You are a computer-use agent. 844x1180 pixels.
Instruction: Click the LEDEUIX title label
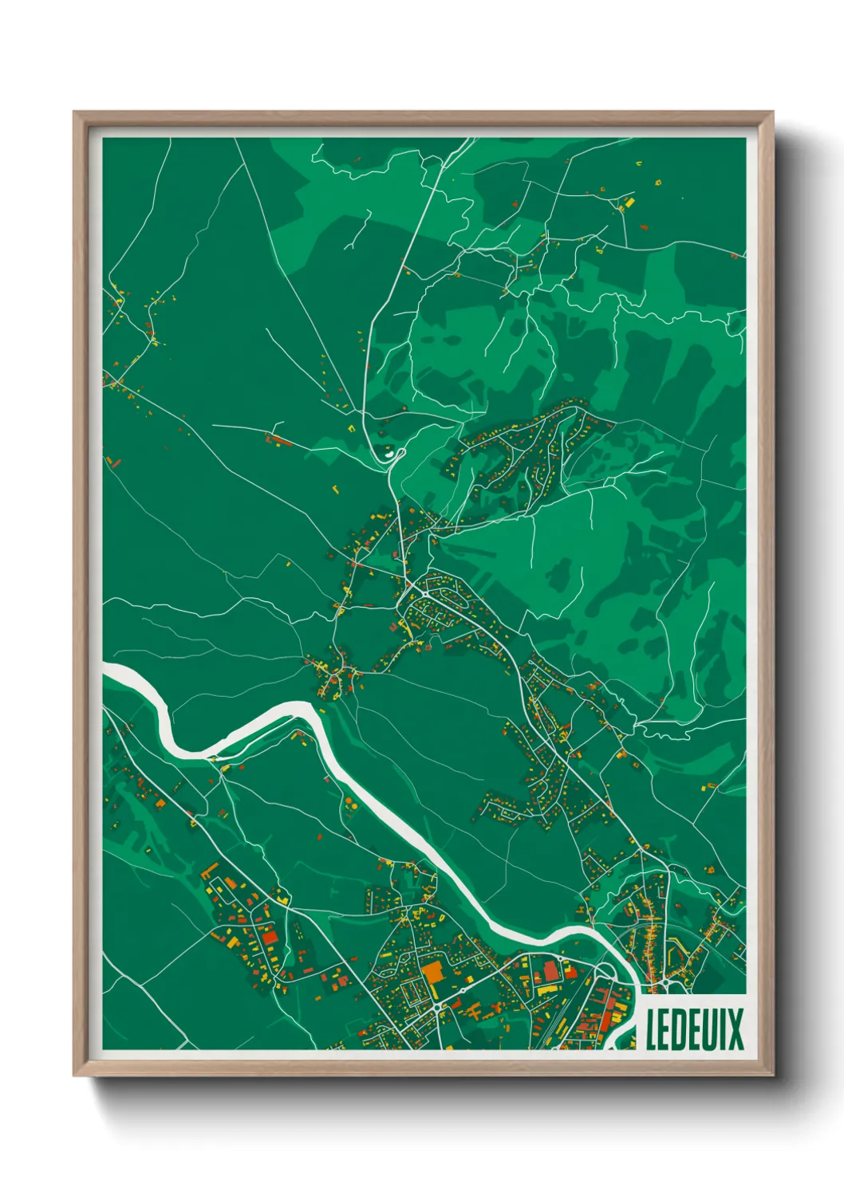(694, 1029)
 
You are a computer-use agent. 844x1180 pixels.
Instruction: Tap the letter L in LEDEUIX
(652, 1029)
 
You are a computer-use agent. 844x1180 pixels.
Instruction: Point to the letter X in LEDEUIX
(734, 1029)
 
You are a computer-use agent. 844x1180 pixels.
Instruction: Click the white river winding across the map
(399, 821)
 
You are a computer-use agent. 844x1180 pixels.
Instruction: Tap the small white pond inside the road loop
(390, 454)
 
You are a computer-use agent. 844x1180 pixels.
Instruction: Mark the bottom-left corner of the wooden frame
(75, 1075)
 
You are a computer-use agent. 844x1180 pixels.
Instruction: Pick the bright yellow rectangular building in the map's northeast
(628, 204)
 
